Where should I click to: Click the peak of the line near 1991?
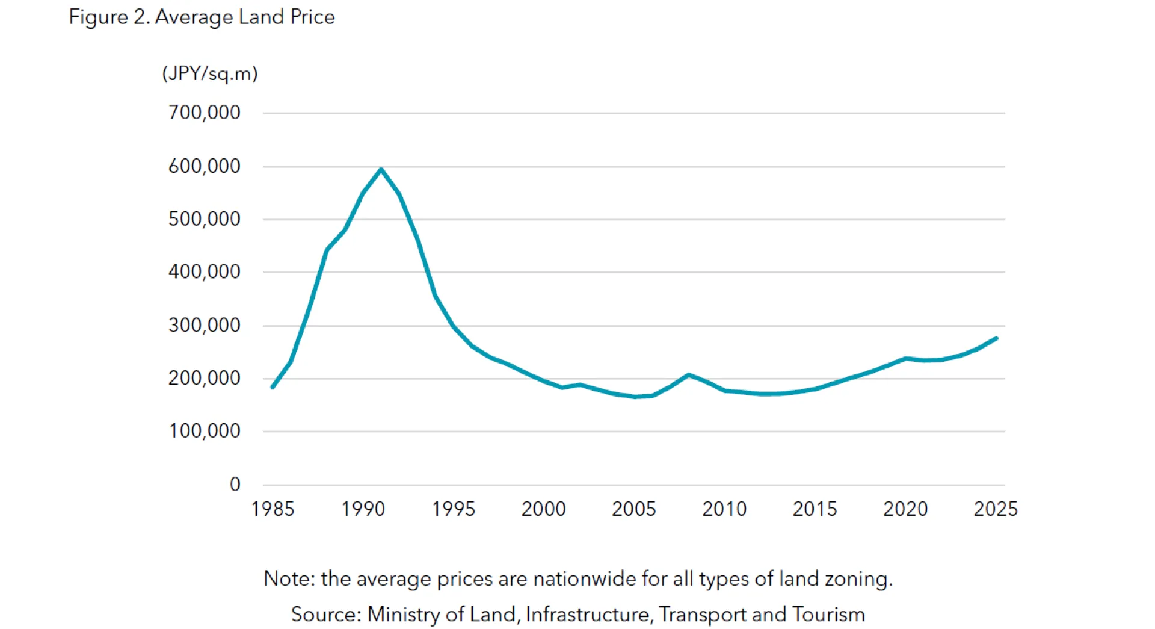click(x=381, y=169)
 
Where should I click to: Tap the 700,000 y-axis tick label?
click(x=204, y=113)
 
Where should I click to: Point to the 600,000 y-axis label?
click(x=204, y=166)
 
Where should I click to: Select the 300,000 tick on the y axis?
click(x=204, y=326)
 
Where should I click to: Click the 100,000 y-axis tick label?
click(x=204, y=431)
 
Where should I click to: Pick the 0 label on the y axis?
click(x=235, y=485)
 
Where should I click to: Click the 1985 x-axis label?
click(x=273, y=509)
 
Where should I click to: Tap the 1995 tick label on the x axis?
click(x=453, y=509)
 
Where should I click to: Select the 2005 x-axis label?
click(x=633, y=509)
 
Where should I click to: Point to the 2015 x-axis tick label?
click(x=815, y=509)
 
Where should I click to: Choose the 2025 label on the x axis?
click(x=996, y=509)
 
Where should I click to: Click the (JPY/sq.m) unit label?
click(x=210, y=73)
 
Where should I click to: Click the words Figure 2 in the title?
click(x=108, y=17)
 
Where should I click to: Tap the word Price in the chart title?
click(x=312, y=17)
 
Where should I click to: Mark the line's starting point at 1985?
click(x=273, y=387)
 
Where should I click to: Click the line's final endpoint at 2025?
click(x=996, y=338)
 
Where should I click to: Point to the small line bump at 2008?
click(x=689, y=375)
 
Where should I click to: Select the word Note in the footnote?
click(x=288, y=579)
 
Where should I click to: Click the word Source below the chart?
click(x=325, y=615)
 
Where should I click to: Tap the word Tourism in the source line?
click(x=828, y=615)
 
